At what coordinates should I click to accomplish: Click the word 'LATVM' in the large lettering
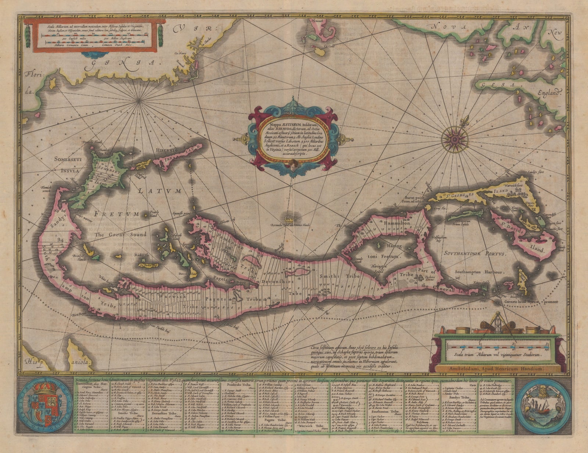click(158, 191)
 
